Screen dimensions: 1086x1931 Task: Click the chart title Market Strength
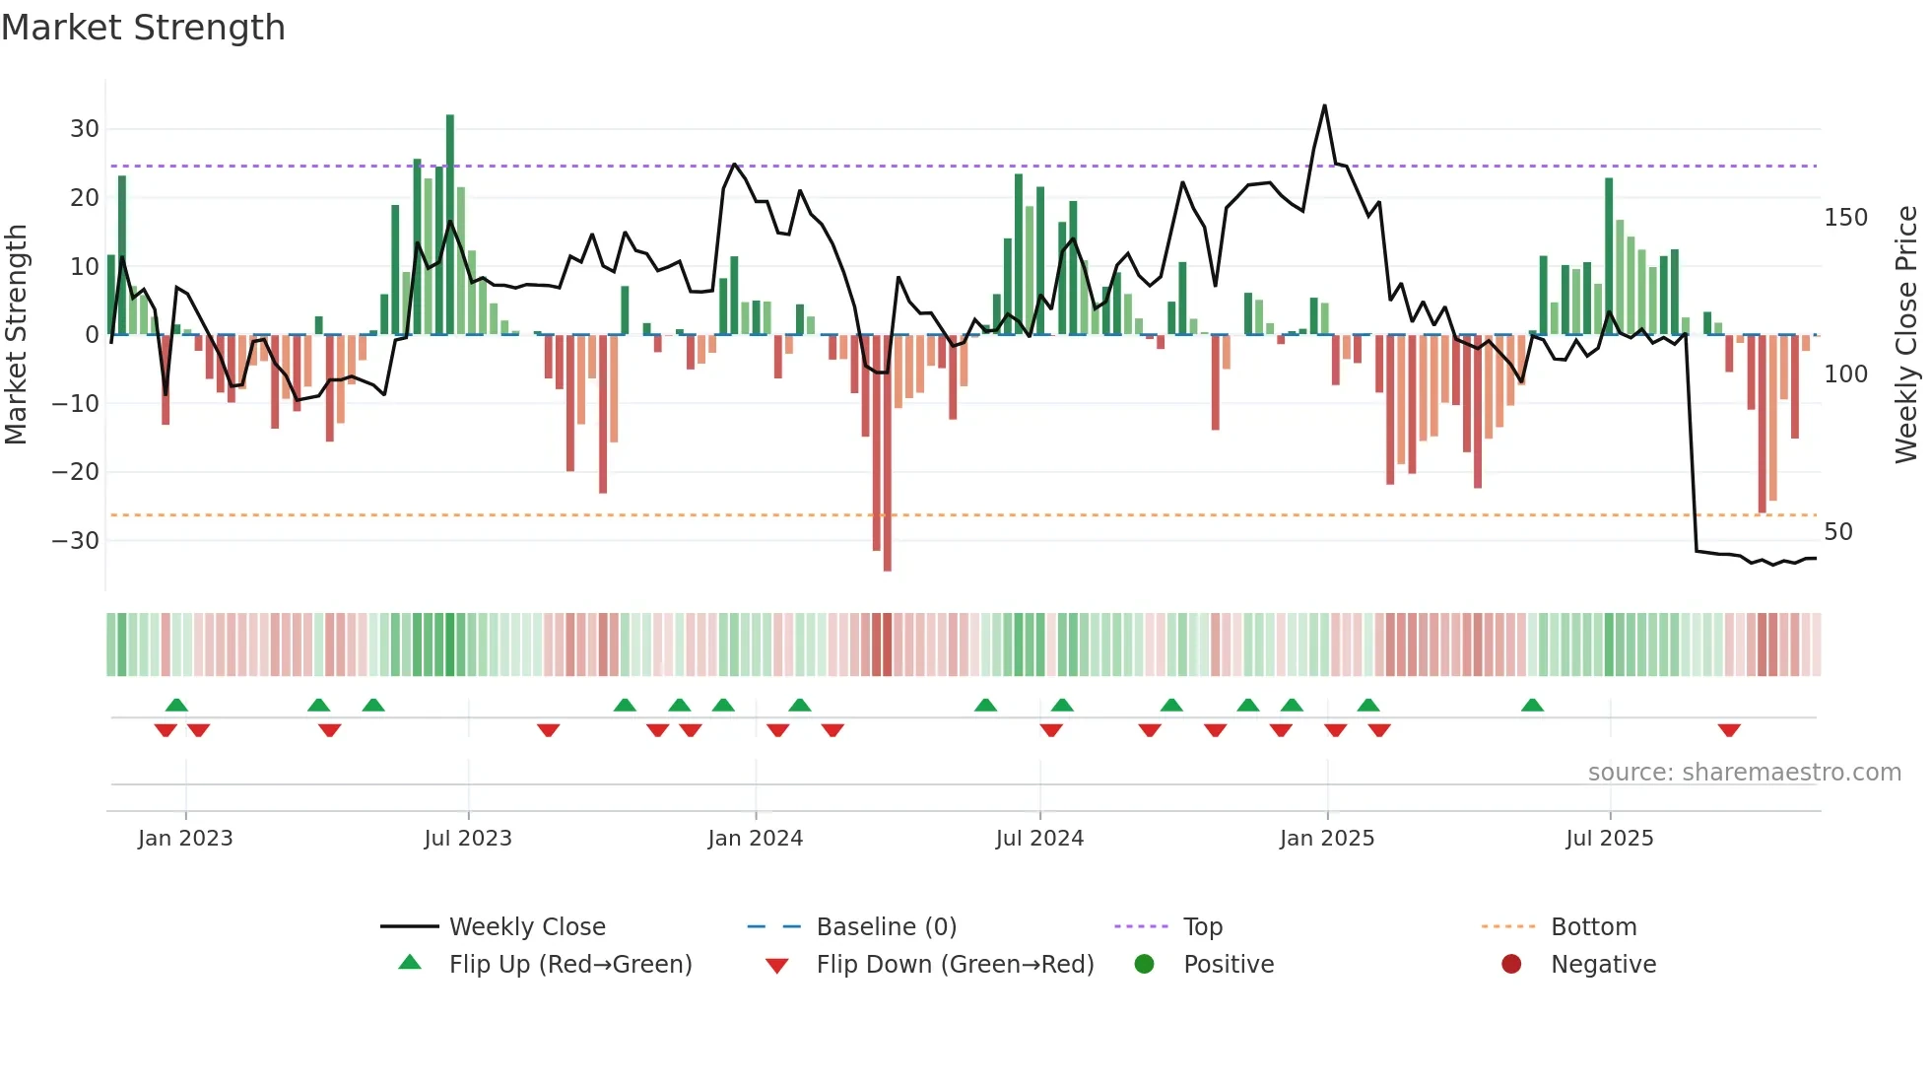[143, 28]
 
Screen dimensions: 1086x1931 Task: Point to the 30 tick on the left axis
[85, 129]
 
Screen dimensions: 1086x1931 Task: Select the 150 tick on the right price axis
[1845, 218]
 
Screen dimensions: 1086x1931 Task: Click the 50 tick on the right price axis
[1838, 532]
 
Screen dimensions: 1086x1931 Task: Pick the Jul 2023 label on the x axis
[468, 839]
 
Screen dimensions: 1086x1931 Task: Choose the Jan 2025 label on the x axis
[1326, 839]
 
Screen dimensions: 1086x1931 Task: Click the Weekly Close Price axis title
[1906, 335]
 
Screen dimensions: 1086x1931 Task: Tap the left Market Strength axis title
[16, 335]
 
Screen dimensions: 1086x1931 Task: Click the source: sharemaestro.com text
[1744, 773]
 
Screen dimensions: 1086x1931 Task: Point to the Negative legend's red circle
[1511, 965]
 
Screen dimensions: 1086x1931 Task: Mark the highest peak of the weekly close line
[1324, 105]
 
